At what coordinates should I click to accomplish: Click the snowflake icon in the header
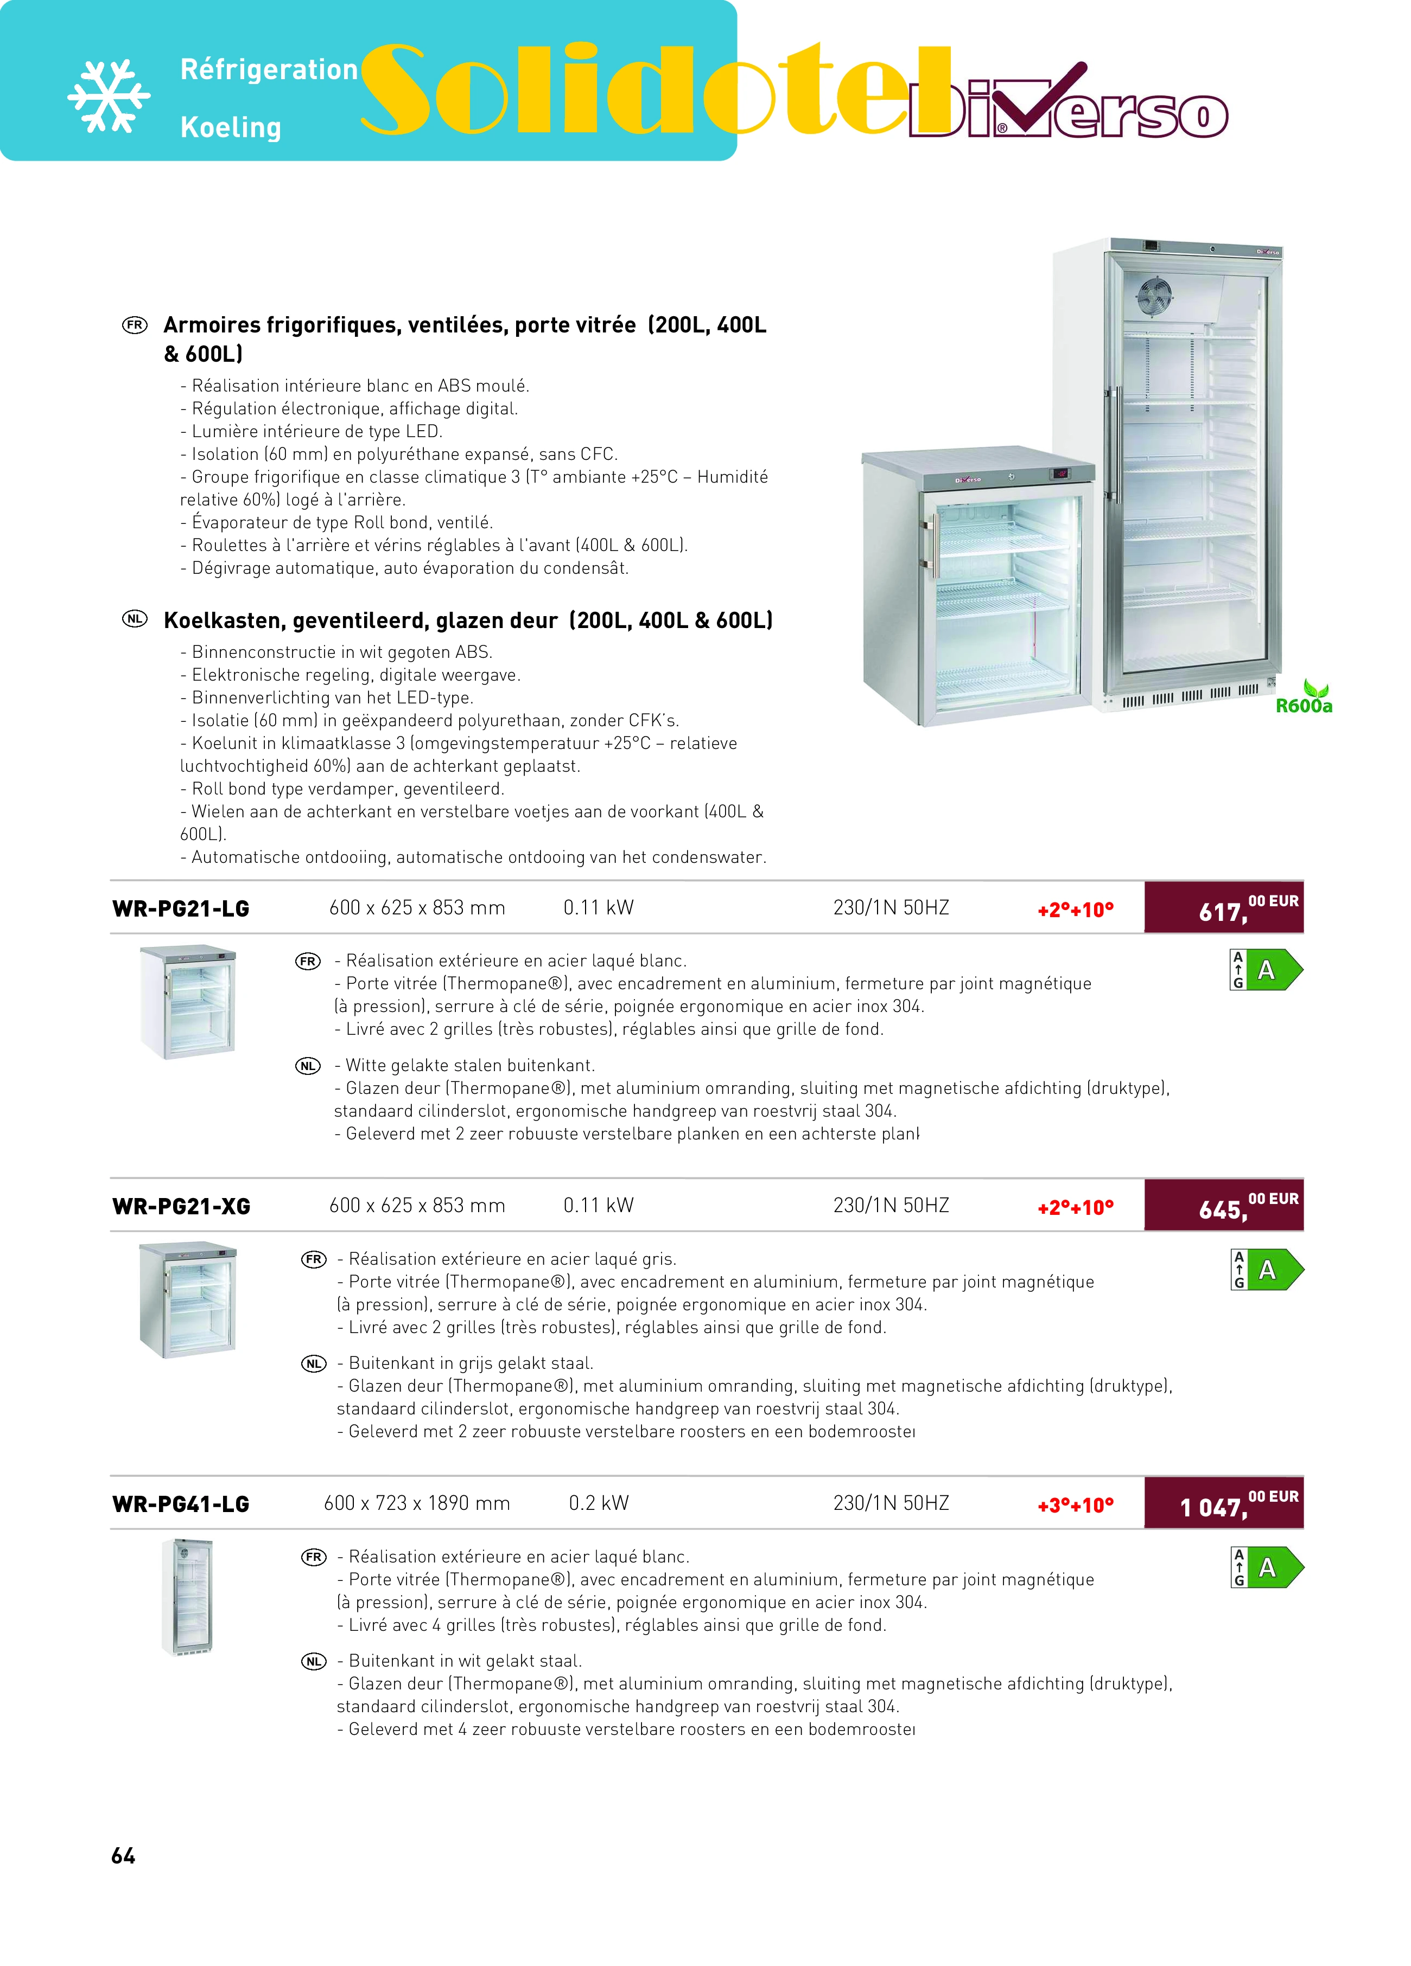[x=109, y=96]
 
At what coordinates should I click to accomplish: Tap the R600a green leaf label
[x=1304, y=699]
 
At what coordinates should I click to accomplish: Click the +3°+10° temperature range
[x=1076, y=1505]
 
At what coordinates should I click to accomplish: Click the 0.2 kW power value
[x=599, y=1503]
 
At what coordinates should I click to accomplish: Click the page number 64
[x=123, y=1855]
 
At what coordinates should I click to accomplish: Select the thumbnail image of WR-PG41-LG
[x=187, y=1597]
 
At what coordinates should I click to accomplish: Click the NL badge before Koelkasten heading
[x=135, y=619]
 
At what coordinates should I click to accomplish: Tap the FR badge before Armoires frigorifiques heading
[x=135, y=325]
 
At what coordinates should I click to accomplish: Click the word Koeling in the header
[x=231, y=127]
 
